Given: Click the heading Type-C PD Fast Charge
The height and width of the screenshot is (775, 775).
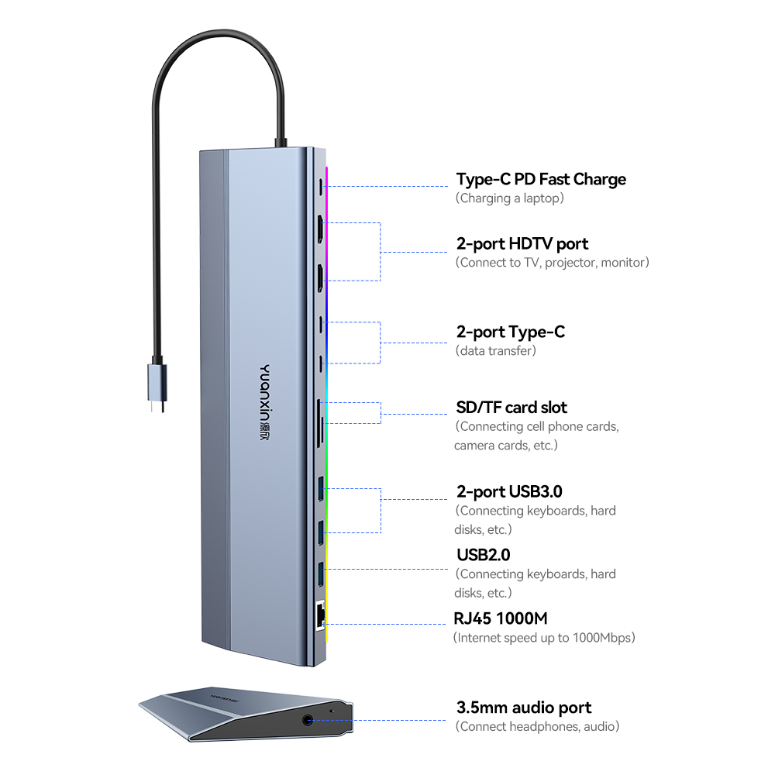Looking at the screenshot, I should tap(541, 179).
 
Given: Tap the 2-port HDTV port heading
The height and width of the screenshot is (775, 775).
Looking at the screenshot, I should tap(522, 243).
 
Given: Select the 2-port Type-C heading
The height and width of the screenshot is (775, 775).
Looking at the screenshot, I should tap(511, 332).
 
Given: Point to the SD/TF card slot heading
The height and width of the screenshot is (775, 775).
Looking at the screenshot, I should tap(511, 407).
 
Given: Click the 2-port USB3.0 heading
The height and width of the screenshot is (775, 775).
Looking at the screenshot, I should tap(509, 491).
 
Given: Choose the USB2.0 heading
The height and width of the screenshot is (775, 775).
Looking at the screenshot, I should tap(483, 554).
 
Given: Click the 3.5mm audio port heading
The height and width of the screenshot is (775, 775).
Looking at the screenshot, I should tap(524, 707).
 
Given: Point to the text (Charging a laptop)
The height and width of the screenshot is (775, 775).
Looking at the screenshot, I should tap(509, 198).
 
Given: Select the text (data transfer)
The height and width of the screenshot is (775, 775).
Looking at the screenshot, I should tap(496, 351).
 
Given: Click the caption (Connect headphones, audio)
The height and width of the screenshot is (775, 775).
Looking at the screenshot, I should tap(537, 726).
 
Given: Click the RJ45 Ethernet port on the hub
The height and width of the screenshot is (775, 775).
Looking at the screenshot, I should tap(319, 616).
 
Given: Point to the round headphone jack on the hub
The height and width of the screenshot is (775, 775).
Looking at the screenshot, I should tap(310, 718).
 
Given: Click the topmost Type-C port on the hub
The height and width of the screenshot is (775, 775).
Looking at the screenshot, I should tap(320, 187).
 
